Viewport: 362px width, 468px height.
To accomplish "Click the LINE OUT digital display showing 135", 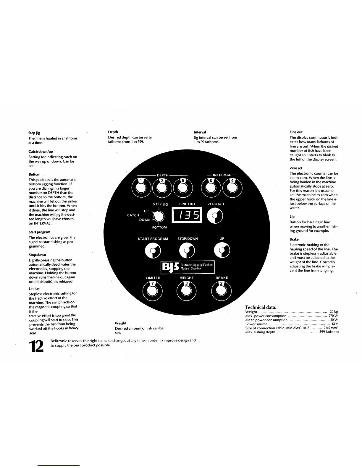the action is click(x=187, y=215).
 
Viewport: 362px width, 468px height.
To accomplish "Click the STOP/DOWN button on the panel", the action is click(x=187, y=251).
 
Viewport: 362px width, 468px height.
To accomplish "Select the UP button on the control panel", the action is click(x=222, y=251).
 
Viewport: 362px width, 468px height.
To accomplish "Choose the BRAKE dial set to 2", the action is click(x=221, y=290).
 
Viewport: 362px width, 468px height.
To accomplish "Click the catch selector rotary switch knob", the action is click(x=159, y=217).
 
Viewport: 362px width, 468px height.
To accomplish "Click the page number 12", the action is click(x=36, y=346).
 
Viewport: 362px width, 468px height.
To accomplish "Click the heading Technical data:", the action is click(x=261, y=307).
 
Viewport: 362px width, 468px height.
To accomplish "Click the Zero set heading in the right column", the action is click(x=296, y=168).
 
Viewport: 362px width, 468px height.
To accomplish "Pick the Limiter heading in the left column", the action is click(x=34, y=288).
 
